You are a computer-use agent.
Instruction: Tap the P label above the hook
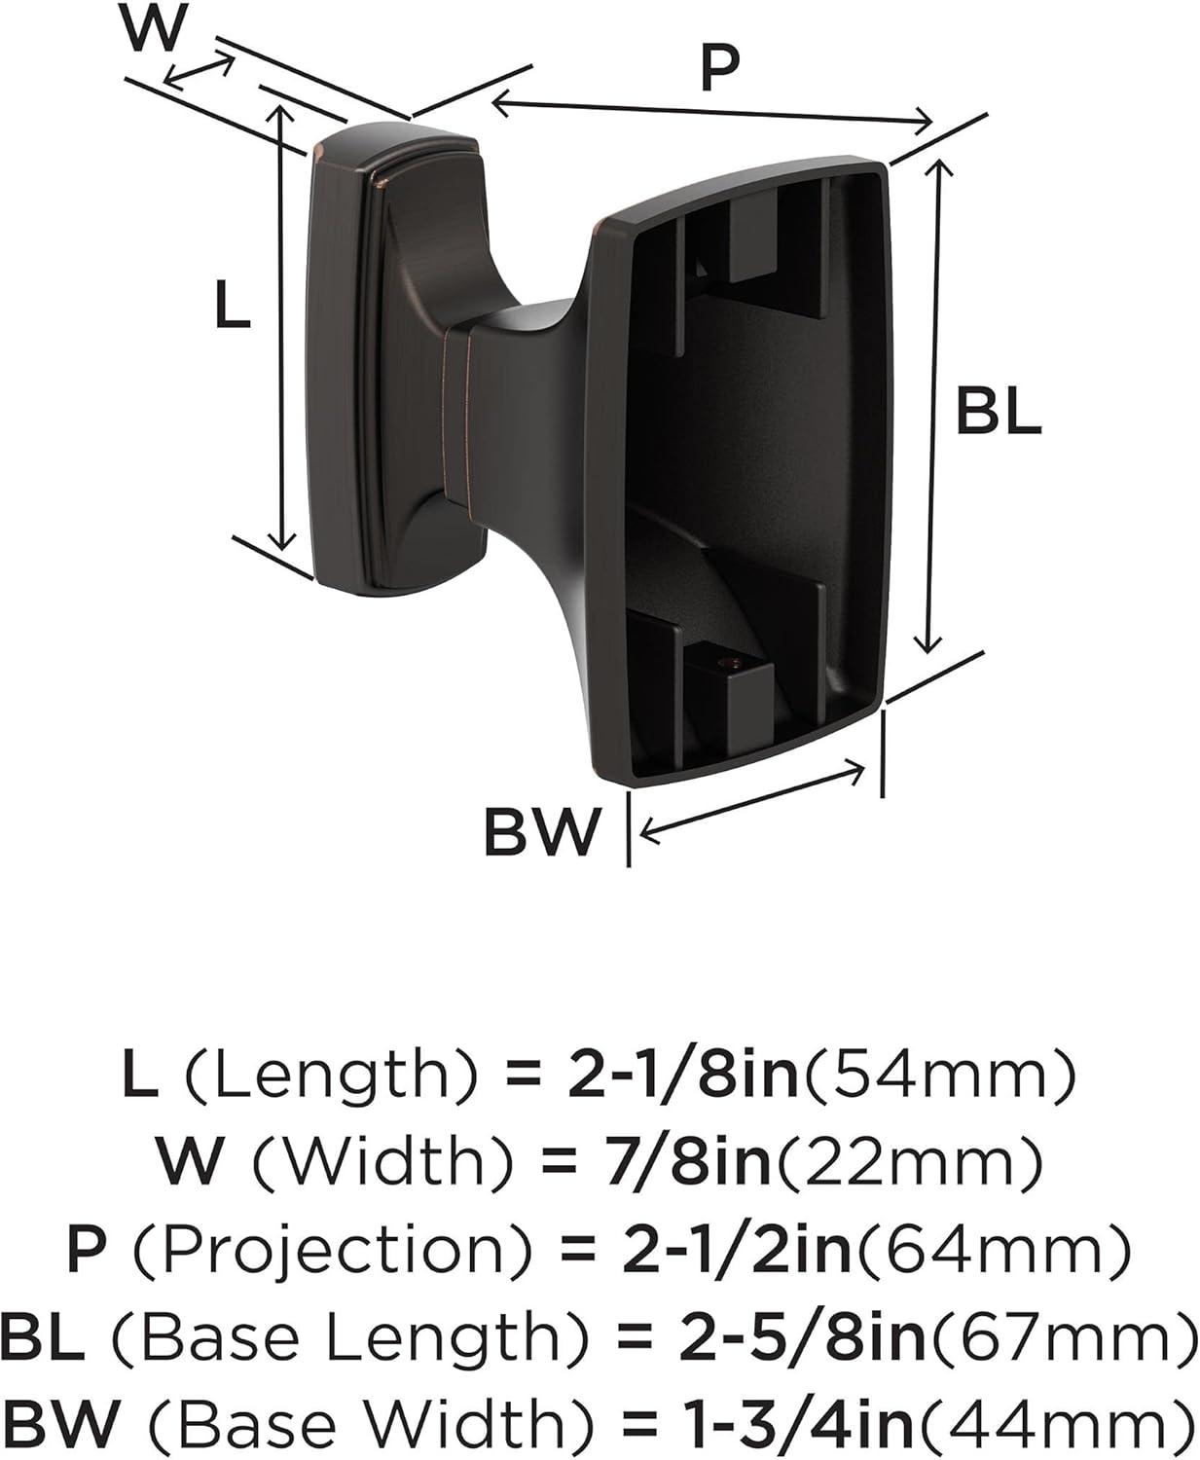(x=719, y=69)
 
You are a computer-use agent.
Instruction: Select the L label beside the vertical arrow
(x=232, y=306)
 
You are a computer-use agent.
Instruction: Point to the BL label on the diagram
(x=998, y=414)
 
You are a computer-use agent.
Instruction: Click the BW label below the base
(x=540, y=833)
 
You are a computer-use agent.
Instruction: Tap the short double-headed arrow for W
(x=200, y=72)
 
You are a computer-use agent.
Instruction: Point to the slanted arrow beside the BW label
(x=754, y=802)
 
